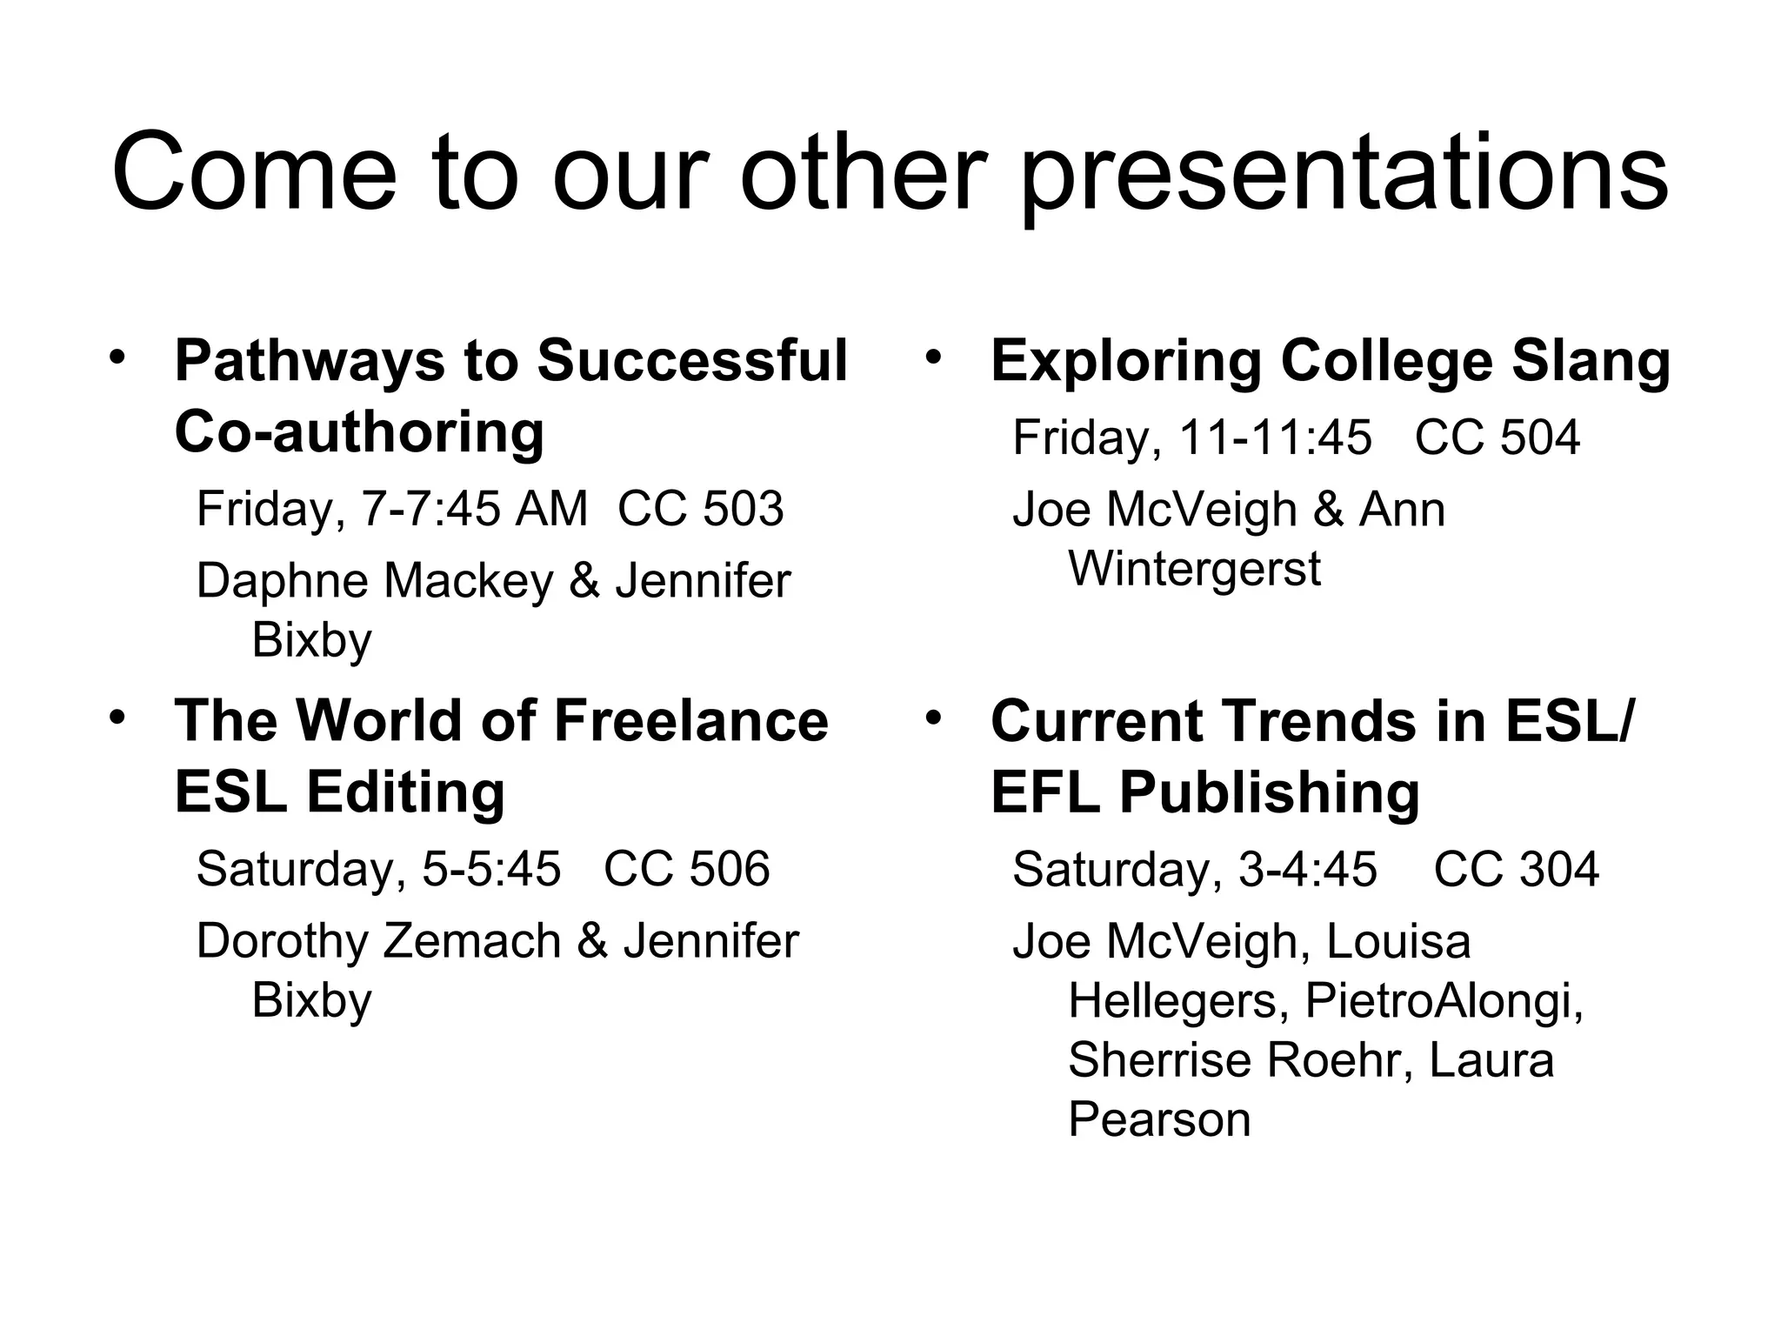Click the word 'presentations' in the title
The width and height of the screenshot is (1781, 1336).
click(1344, 174)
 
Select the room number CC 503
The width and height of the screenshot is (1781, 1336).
click(700, 509)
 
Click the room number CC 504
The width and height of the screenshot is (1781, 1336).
click(1497, 438)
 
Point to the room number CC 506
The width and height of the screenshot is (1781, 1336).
click(686, 869)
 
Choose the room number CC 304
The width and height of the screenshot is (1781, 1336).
click(1516, 869)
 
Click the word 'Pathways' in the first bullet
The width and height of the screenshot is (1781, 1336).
click(309, 362)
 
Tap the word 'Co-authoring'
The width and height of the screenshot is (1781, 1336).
click(359, 432)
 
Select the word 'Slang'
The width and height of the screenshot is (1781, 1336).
click(1591, 362)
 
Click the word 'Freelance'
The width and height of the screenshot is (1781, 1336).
click(690, 721)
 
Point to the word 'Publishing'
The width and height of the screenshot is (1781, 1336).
click(1269, 793)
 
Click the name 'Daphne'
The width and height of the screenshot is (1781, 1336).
click(287, 580)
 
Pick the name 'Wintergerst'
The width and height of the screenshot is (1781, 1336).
click(1194, 569)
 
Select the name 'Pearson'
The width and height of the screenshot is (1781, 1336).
click(1159, 1119)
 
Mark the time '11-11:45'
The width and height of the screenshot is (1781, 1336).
click(1274, 438)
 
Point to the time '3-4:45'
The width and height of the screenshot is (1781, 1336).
click(1307, 869)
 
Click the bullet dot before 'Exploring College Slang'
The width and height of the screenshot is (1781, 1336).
click(933, 357)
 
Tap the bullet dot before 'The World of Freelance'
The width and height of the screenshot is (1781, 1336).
click(117, 718)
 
